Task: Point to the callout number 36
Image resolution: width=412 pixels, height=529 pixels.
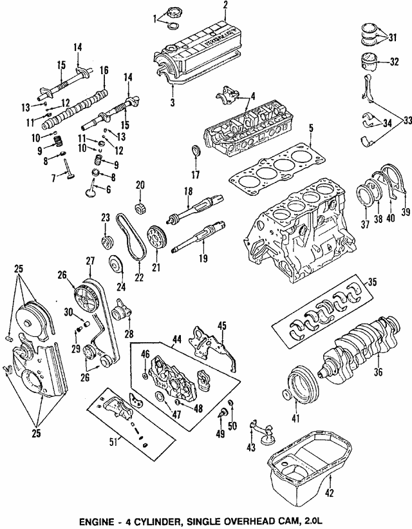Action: (378, 371)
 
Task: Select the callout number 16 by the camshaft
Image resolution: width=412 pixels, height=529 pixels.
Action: (104, 70)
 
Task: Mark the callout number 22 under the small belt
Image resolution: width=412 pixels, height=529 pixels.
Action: (137, 278)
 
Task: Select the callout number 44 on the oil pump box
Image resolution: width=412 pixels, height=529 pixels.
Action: (176, 338)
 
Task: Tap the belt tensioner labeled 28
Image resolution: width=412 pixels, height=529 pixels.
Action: (121, 313)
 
